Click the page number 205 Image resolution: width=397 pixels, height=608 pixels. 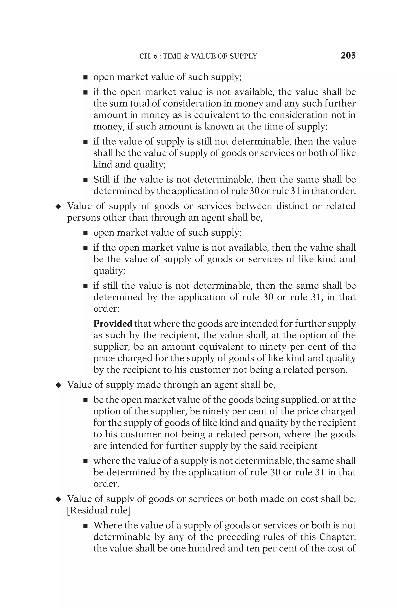pos(348,56)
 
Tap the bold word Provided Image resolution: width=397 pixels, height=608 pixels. pos(112,324)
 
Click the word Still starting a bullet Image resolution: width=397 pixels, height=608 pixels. pos(102,180)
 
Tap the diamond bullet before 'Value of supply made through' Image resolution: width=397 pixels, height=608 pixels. pos(58,385)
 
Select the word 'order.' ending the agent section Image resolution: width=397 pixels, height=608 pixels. pos(106,484)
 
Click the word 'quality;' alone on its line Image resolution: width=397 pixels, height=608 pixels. pos(109,271)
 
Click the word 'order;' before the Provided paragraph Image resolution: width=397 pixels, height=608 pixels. pos(106,309)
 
